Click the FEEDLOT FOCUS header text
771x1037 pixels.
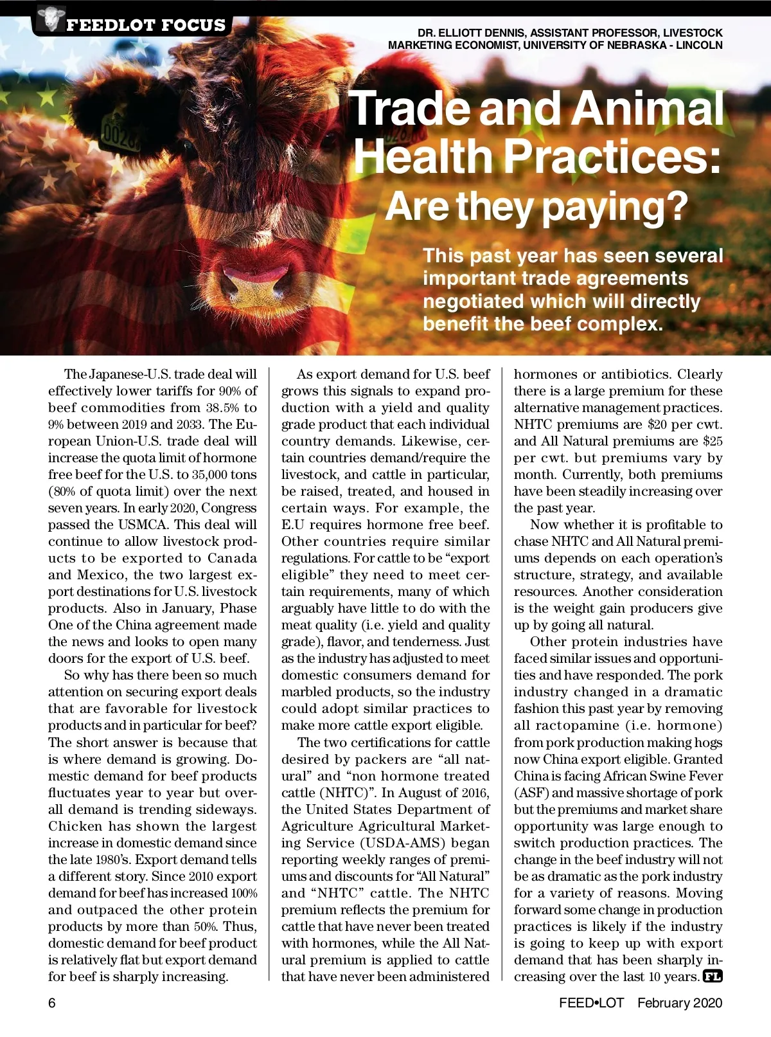tap(146, 25)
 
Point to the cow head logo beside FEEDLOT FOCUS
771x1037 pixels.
tap(48, 19)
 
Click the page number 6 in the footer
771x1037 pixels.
tap(52, 1003)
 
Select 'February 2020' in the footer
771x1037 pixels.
tap(680, 1003)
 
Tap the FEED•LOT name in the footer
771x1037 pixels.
tap(591, 1003)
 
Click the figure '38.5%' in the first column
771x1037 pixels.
tap(222, 408)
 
